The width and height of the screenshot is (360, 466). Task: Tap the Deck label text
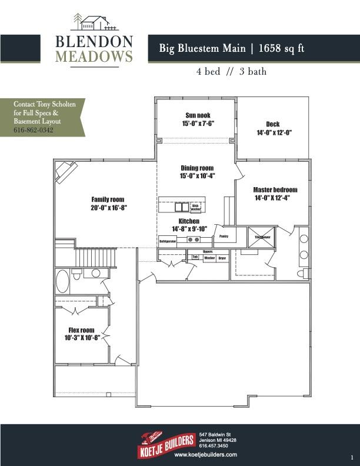pos(273,124)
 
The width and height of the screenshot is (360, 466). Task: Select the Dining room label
pos(196,168)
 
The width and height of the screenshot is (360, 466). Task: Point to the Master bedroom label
pos(275,190)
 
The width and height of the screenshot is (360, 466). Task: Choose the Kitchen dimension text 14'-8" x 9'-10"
pos(189,228)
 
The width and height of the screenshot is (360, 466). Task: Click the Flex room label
pos(82,329)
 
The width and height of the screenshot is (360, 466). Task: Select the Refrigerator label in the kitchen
pos(168,241)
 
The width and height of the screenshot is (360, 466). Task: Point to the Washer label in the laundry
pos(209,258)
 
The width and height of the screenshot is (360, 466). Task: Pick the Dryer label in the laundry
pos(222,258)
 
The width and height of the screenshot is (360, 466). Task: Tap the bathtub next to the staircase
pos(62,281)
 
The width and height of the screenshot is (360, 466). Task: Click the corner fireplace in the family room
pos(64,172)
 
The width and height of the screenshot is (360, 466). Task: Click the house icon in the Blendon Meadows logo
pos(95,23)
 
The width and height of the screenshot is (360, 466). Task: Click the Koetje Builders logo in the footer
pos(167,440)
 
